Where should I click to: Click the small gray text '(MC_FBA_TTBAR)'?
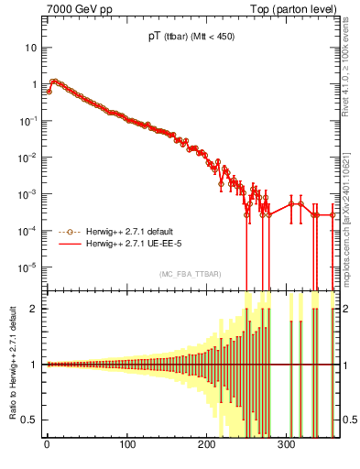pos(191,273)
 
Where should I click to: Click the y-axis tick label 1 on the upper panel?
pos(35,84)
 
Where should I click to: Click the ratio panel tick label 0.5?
pos(32,420)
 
